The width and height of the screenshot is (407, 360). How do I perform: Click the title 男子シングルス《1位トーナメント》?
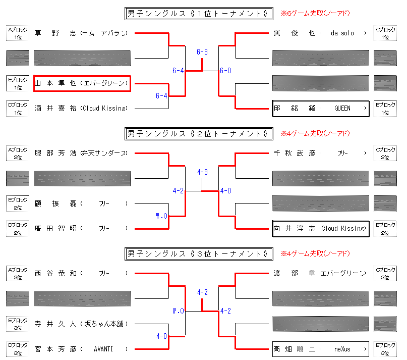pyautogui.click(x=199, y=13)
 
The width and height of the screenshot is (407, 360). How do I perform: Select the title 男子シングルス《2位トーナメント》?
pyautogui.click(x=199, y=134)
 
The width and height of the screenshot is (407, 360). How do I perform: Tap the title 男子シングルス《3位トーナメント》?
pyautogui.click(x=199, y=253)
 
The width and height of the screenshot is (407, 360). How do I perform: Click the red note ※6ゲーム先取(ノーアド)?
pyautogui.click(x=315, y=13)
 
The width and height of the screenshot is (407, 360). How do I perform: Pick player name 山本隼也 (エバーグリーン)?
pyautogui.click(x=82, y=83)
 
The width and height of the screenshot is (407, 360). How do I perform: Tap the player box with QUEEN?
pyautogui.click(x=320, y=108)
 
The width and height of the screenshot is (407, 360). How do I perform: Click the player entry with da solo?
pyautogui.click(x=320, y=33)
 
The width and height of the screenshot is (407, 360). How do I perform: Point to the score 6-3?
pyautogui.click(x=202, y=52)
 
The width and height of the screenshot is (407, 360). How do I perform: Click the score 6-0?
pyautogui.click(x=225, y=71)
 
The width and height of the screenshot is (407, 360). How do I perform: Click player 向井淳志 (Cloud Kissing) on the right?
pyautogui.click(x=320, y=228)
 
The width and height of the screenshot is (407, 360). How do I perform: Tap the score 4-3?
pyautogui.click(x=202, y=172)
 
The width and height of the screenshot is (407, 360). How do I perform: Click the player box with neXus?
pyautogui.click(x=320, y=348)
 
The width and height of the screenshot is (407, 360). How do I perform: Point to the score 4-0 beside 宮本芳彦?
pyautogui.click(x=161, y=336)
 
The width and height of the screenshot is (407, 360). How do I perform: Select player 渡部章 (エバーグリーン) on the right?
pyautogui.click(x=320, y=273)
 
